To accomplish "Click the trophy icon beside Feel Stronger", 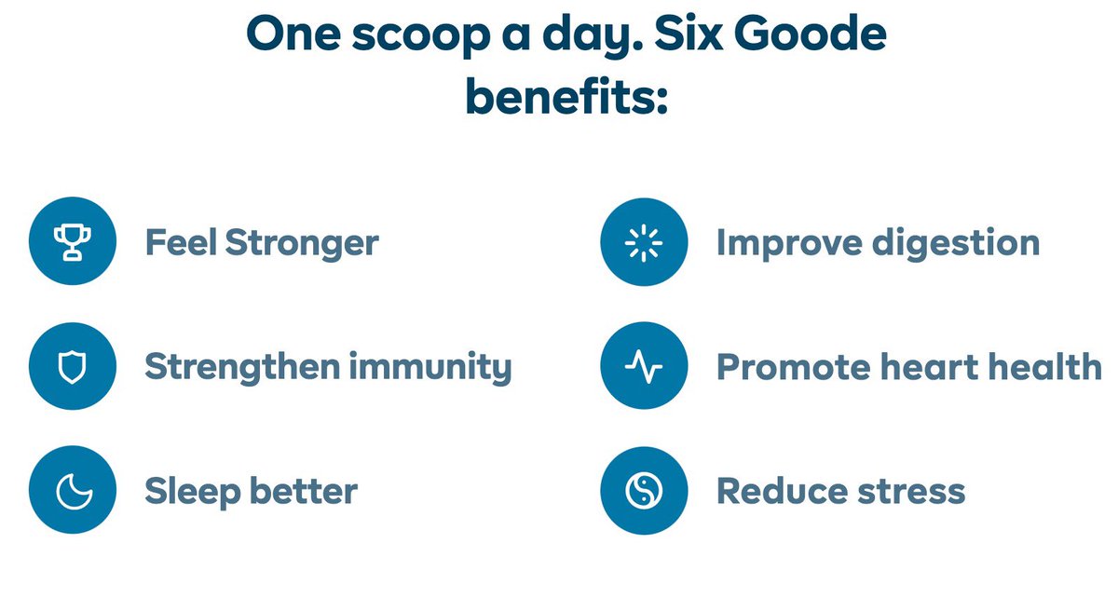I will [x=72, y=242].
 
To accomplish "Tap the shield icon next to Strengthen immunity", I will [x=72, y=366].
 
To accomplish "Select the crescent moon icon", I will [x=72, y=490].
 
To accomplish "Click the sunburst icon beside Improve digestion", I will [x=643, y=242].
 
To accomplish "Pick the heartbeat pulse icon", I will [x=643, y=366].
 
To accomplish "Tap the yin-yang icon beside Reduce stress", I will [x=643, y=490].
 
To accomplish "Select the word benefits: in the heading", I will [x=566, y=96].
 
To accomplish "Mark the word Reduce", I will [x=770, y=491].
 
